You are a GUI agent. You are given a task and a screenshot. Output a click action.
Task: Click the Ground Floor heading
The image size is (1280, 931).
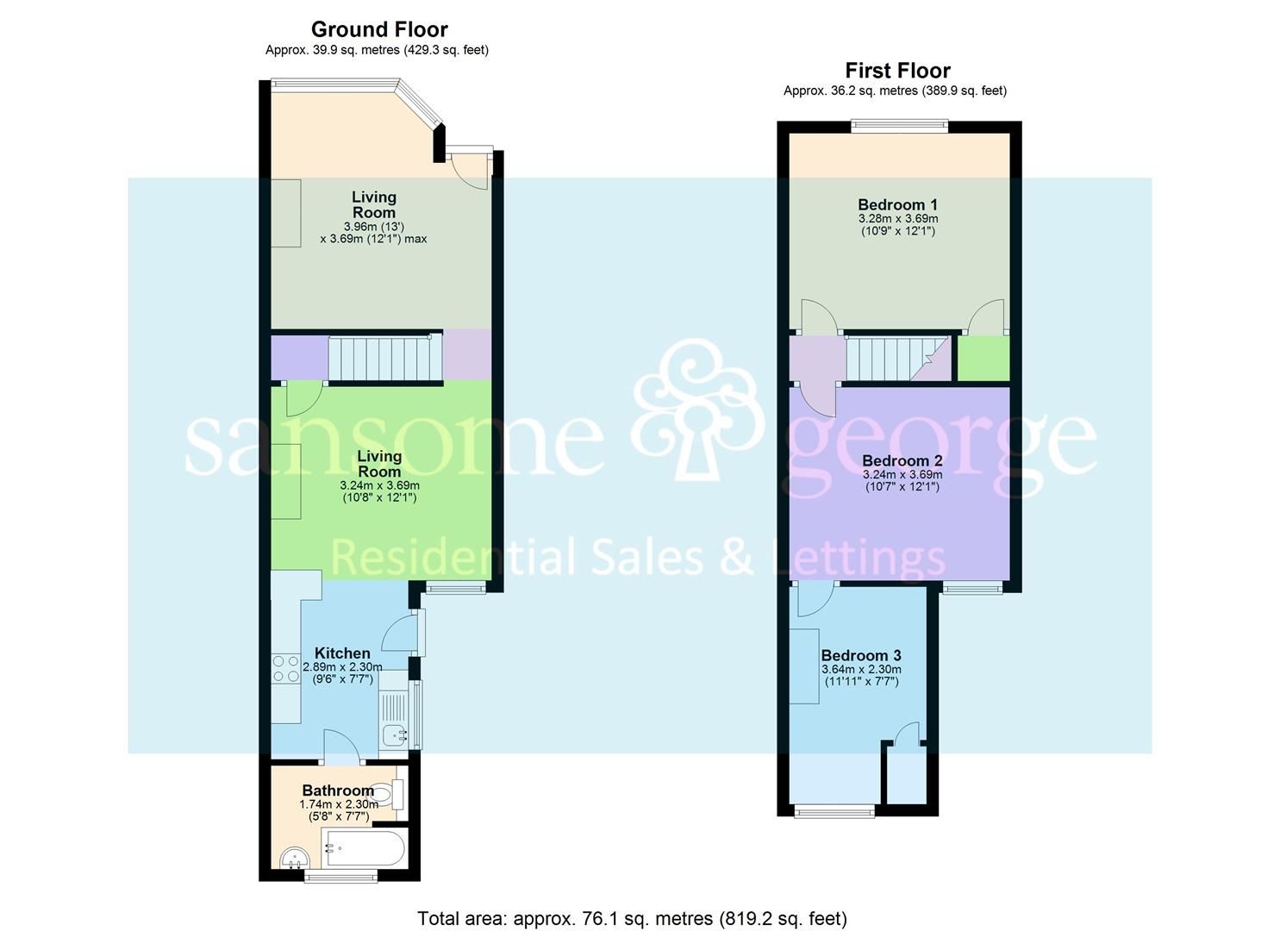coord(379,29)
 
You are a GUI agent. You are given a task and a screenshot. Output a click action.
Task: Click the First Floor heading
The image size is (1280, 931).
coord(897,71)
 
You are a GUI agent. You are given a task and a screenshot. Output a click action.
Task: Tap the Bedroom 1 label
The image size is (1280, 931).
coord(897,205)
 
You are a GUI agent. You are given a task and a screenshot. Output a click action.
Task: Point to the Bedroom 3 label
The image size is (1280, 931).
coord(861,656)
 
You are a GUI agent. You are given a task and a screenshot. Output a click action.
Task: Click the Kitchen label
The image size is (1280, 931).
coord(342,653)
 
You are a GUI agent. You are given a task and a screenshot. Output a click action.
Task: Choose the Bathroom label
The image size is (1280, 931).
coord(338,790)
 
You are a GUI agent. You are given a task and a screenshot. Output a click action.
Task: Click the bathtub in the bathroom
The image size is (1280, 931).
coord(363,849)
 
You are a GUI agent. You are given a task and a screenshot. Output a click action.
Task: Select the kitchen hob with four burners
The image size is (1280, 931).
coord(284,669)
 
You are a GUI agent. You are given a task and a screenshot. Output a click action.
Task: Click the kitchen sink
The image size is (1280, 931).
coord(395,735)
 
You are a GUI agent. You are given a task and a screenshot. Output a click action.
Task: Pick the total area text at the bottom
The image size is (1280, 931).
coord(632,919)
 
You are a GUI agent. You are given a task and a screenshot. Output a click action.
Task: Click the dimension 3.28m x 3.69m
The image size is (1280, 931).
coord(897,220)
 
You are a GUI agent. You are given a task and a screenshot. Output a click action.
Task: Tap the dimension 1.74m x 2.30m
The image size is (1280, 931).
coord(339,804)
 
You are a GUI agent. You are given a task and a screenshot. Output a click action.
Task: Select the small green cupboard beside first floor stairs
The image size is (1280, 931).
coord(983,359)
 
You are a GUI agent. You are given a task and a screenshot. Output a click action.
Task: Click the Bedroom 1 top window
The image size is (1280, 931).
coord(900,126)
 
